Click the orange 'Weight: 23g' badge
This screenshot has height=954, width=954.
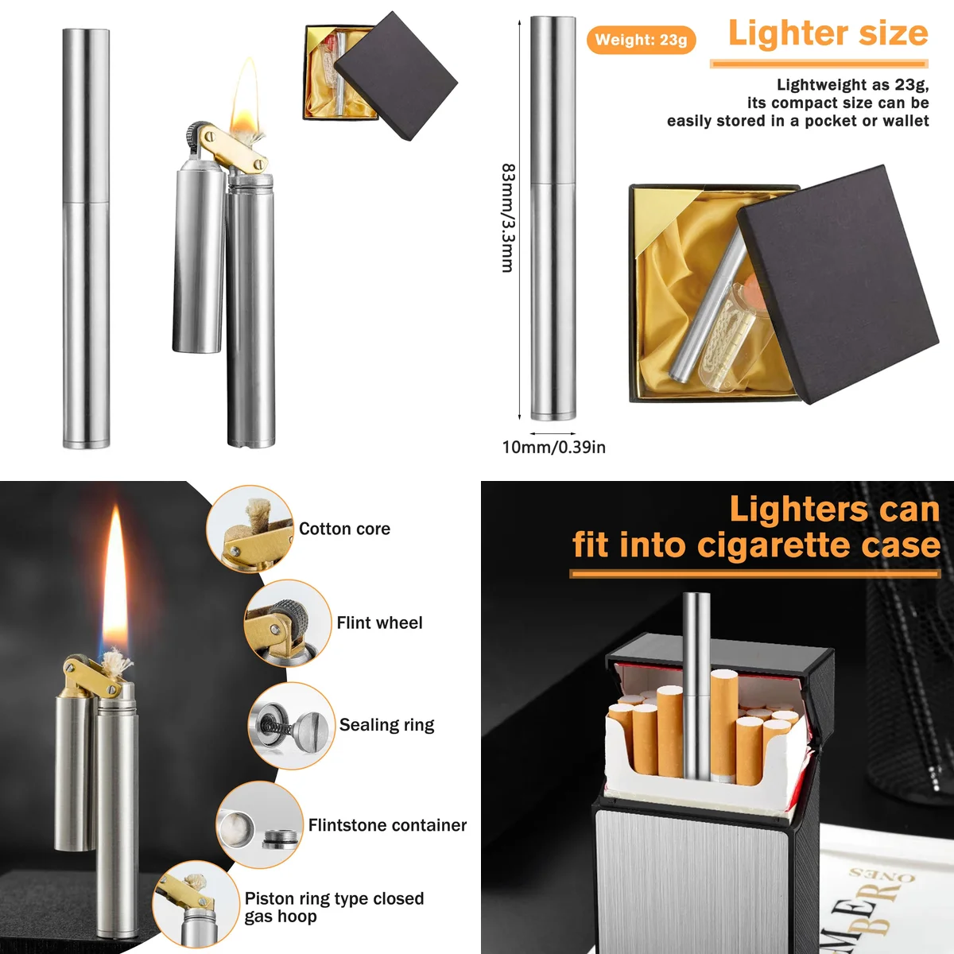coord(641,40)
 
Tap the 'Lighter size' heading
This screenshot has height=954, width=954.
coord(828,33)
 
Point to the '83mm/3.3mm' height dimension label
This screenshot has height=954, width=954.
coord(508,218)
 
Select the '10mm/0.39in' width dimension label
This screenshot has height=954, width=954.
coord(553,448)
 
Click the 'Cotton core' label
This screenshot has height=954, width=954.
coord(344,529)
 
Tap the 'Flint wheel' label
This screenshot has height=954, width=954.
coord(379,622)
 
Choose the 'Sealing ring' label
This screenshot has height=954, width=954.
coord(386,724)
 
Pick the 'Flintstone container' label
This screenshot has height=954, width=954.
coord(387,825)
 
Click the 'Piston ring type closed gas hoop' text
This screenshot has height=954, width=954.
coord(334,907)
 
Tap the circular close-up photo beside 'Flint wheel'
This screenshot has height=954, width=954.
coord(287,622)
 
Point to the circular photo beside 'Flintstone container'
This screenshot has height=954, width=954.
coord(259,825)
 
